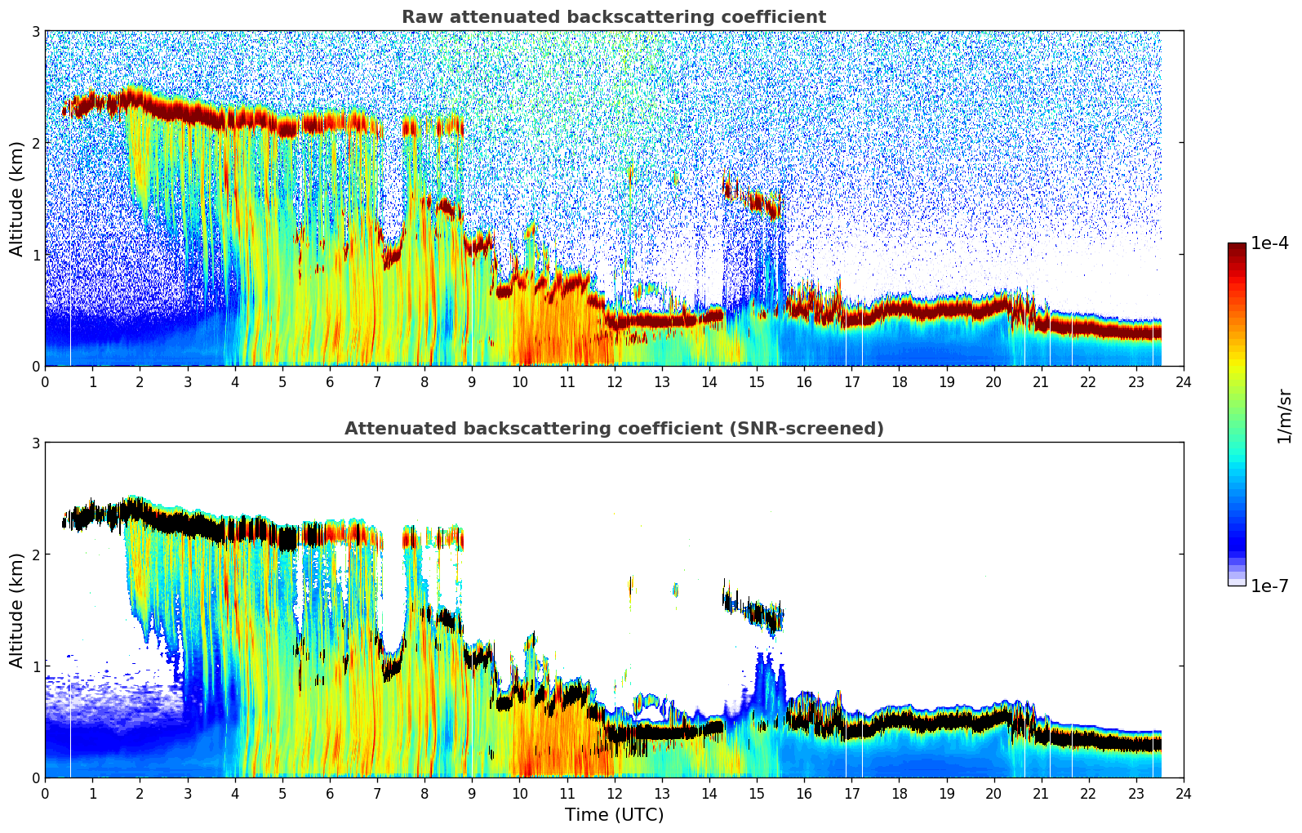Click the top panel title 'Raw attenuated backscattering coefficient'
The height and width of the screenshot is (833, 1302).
tap(613, 17)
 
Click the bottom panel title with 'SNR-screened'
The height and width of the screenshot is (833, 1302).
tap(613, 429)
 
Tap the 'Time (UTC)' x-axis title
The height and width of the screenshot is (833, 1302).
tap(614, 815)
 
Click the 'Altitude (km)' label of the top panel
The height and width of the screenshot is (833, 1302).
tap(16, 198)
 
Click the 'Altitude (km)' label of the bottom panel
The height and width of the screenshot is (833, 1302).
tap(16, 610)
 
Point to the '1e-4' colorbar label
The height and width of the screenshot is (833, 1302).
tap(1269, 243)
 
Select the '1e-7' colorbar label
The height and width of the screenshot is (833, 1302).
tap(1269, 586)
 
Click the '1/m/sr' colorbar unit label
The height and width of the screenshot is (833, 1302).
tap(1284, 416)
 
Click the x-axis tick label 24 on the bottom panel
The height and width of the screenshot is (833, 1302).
tap(1183, 794)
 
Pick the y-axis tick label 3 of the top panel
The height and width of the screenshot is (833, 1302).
tap(36, 31)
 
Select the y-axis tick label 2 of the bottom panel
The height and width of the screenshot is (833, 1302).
tap(36, 555)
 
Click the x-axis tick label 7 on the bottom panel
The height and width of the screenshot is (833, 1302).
tap(377, 794)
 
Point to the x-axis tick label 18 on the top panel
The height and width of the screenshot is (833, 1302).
tap(899, 382)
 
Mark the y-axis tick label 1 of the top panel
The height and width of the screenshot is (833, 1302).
tap(36, 255)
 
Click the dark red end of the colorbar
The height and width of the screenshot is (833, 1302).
tap(1237, 247)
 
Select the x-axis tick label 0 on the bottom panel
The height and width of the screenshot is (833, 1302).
tap(45, 794)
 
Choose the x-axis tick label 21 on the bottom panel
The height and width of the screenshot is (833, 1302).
tap(1041, 794)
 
